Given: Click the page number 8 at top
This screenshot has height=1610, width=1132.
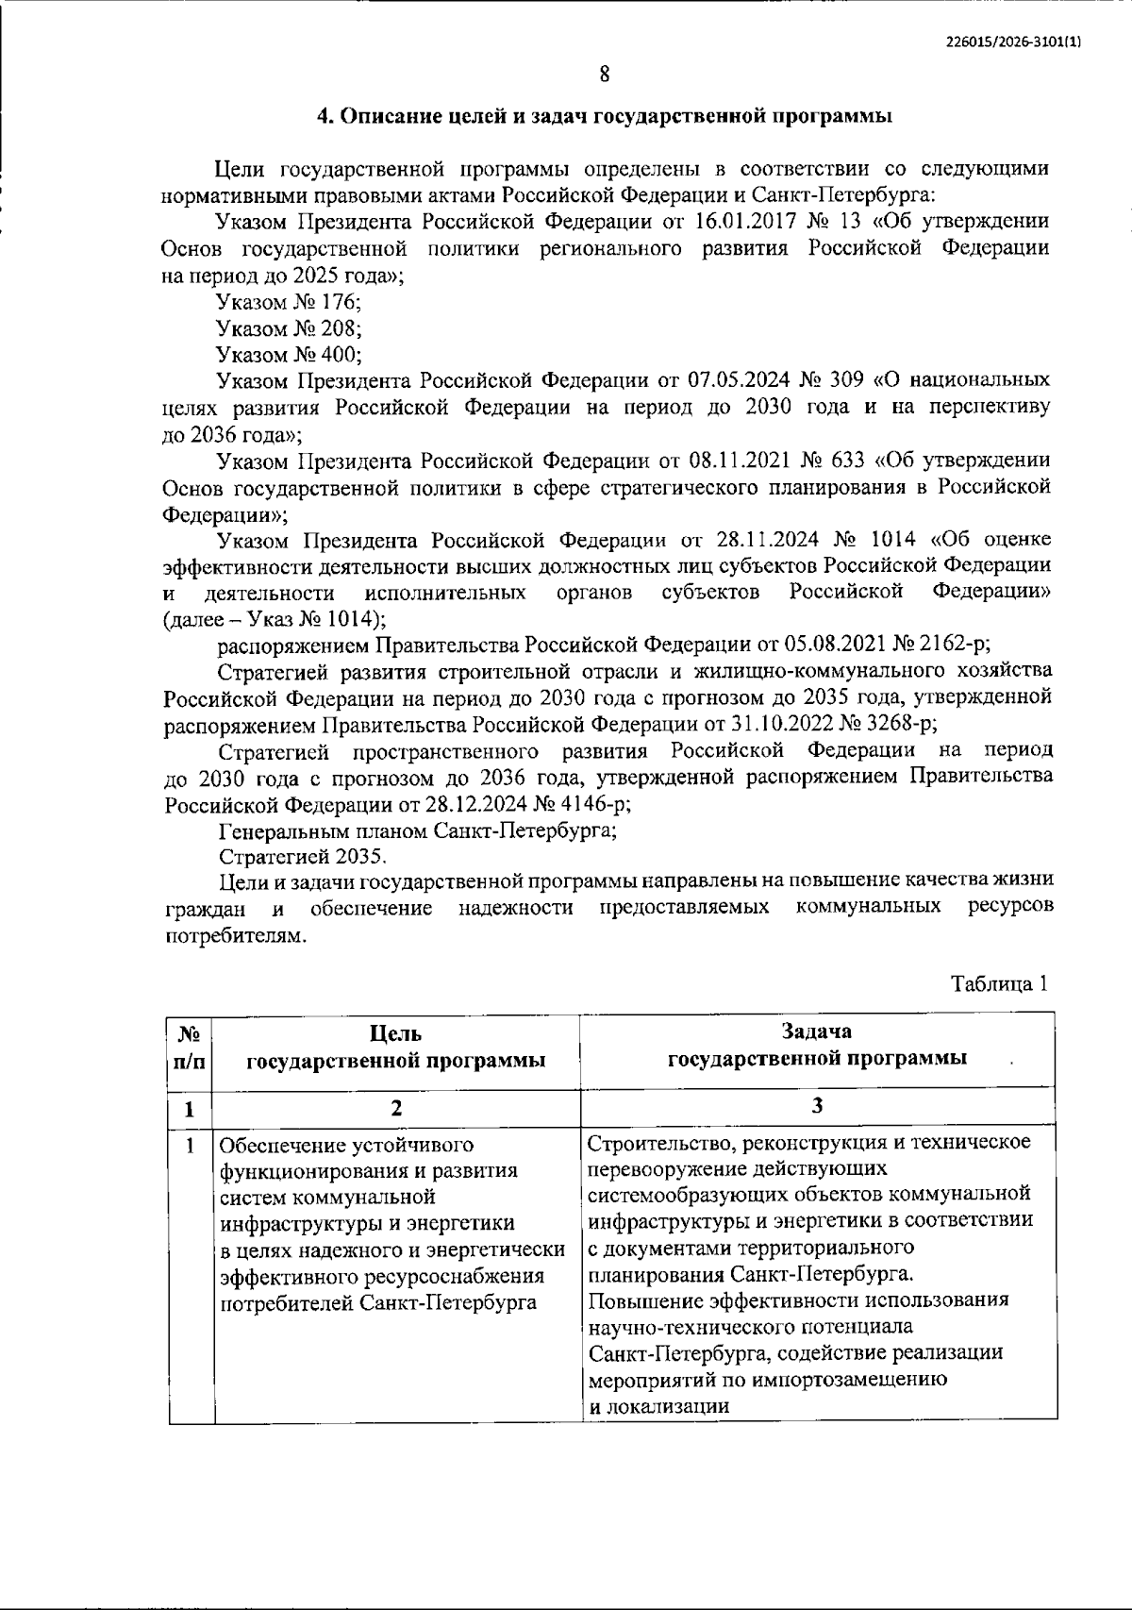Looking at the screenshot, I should pyautogui.click(x=604, y=75).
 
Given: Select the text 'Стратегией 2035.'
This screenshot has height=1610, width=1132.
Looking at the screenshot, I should pyautogui.click(x=303, y=857).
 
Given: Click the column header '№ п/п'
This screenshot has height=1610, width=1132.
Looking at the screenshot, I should pyautogui.click(x=189, y=1048).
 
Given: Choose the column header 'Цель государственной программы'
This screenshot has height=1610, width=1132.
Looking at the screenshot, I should pyautogui.click(x=396, y=1048).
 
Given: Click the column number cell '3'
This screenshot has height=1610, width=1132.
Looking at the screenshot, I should pyautogui.click(x=818, y=1107).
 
